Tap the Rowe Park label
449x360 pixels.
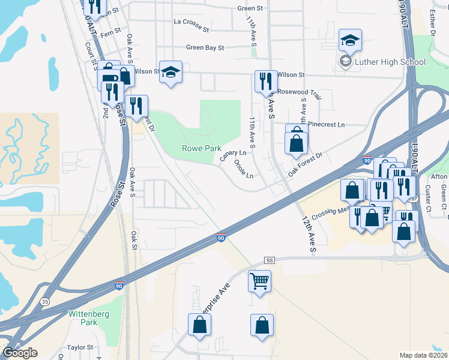[202, 148]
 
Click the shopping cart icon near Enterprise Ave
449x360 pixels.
[259, 280]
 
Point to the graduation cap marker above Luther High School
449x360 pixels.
[350, 40]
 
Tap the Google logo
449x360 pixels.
[20, 353]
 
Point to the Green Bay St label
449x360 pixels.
[205, 47]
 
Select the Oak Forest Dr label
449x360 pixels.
[305, 163]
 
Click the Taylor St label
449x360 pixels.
[80, 347]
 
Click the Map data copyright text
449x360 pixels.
[423, 355]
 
